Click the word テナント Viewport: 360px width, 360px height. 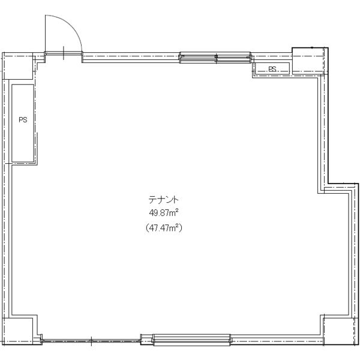tap(163, 200)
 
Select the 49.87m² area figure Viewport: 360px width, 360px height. tap(164, 213)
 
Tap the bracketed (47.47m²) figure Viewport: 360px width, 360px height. tap(164, 228)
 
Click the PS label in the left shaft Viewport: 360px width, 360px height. tap(23, 119)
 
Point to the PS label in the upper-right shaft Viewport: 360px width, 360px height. tap(272, 69)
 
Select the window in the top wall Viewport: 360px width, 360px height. tap(215, 57)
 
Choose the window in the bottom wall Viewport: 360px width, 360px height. tap(192, 340)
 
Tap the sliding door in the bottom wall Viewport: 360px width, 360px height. tap(91, 340)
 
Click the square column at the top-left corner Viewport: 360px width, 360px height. tap(17, 66)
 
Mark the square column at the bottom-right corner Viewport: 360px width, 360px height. tap(341, 331)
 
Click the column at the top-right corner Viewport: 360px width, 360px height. tap(310, 61)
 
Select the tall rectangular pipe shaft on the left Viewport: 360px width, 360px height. tap(23, 123)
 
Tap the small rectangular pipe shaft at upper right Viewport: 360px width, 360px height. tap(272, 68)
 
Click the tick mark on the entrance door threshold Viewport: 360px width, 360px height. tap(64, 53)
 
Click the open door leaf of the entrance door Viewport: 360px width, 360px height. tap(46, 34)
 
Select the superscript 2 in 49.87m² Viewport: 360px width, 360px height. tap(177, 211)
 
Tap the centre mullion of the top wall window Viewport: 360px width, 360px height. tap(216, 57)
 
